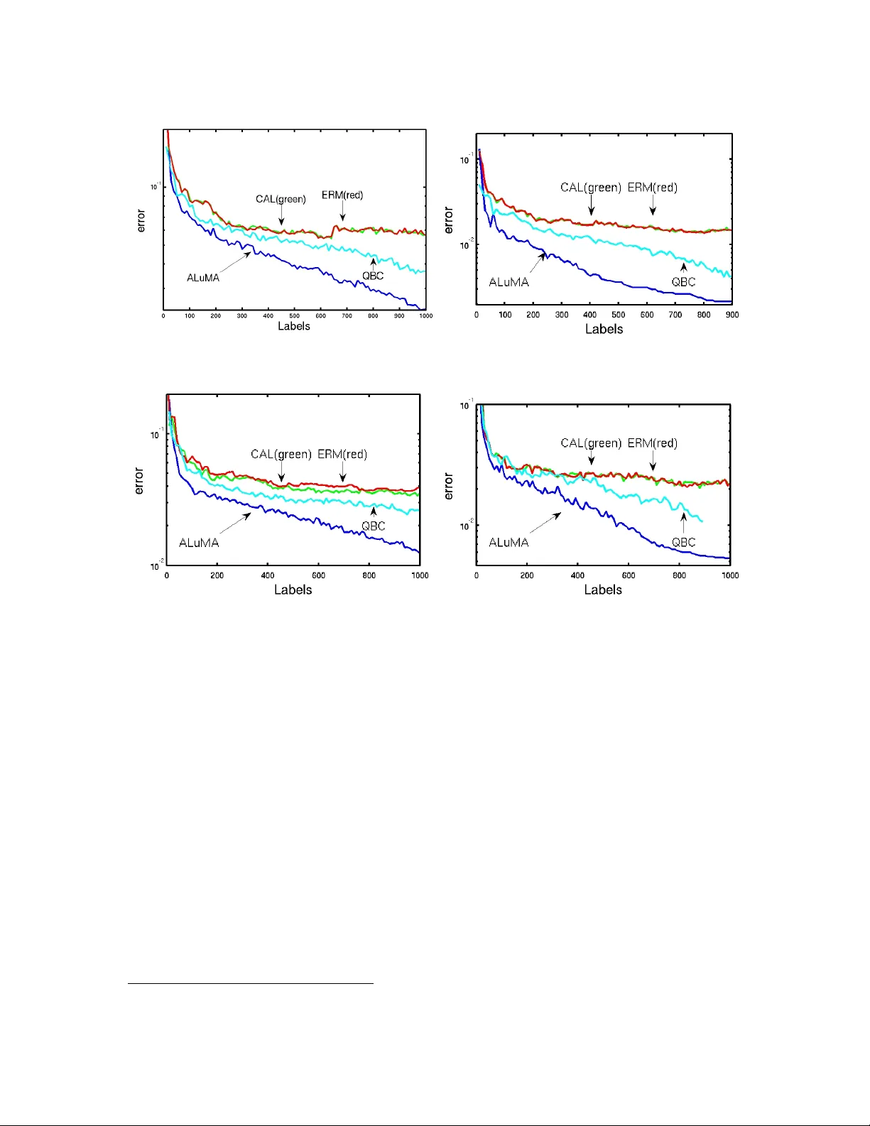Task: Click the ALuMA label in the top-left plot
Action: pyautogui.click(x=203, y=278)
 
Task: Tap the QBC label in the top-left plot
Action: pyautogui.click(x=373, y=276)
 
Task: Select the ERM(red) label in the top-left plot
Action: pyautogui.click(x=342, y=195)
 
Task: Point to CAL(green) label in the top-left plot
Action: pyautogui.click(x=281, y=199)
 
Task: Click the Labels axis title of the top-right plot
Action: pyautogui.click(x=604, y=329)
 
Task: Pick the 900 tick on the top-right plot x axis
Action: pyautogui.click(x=732, y=315)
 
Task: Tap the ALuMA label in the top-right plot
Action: pyautogui.click(x=509, y=282)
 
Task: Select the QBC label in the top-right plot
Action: pyautogui.click(x=683, y=282)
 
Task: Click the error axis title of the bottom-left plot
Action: pyautogui.click(x=139, y=481)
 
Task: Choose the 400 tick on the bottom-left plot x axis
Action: pyautogui.click(x=268, y=575)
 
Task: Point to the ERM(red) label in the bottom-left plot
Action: pyautogui.click(x=342, y=455)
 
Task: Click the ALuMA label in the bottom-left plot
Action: pyautogui.click(x=199, y=543)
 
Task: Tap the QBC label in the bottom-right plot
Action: pyautogui.click(x=683, y=543)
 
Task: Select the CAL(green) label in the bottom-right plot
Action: pyautogui.click(x=591, y=443)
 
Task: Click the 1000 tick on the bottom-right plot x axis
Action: pyautogui.click(x=730, y=575)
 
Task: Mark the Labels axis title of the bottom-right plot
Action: pyautogui.click(x=603, y=590)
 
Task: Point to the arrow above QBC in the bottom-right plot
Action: pyautogui.click(x=683, y=523)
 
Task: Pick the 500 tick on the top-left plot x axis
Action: pyautogui.click(x=294, y=315)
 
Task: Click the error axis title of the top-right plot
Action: pyautogui.click(x=449, y=220)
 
